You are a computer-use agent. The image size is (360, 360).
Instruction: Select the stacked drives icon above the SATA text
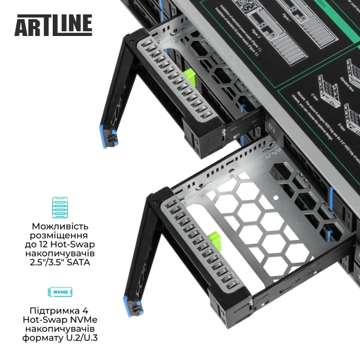(x=61, y=206)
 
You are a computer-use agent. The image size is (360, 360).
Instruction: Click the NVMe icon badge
(x=60, y=292)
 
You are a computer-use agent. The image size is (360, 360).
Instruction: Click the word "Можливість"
(x=60, y=226)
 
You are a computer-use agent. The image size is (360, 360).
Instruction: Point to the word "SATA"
(x=78, y=262)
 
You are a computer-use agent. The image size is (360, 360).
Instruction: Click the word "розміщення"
(x=60, y=235)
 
